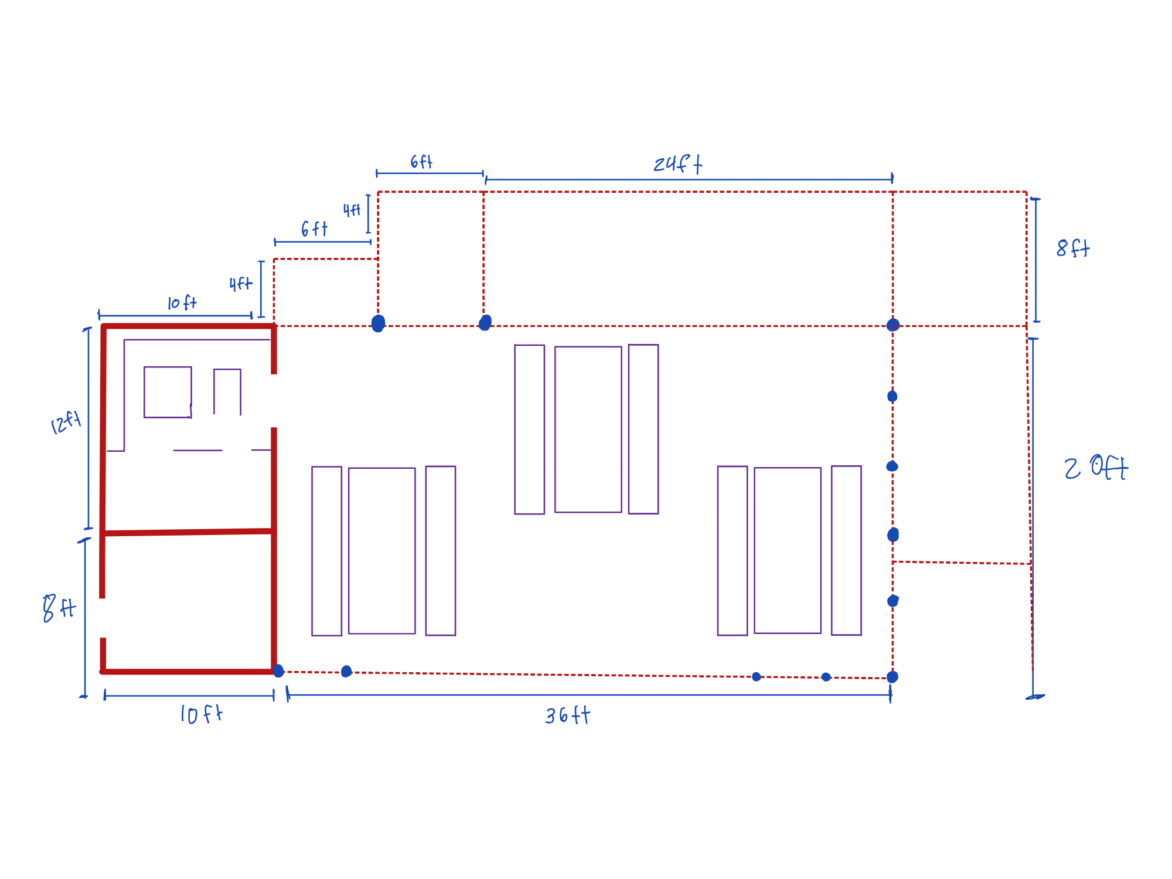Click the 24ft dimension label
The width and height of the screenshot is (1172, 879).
coord(678,164)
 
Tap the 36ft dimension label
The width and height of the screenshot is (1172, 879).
coord(568,716)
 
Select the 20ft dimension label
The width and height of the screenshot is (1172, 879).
coord(1096,468)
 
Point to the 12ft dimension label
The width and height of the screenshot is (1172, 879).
coord(66,423)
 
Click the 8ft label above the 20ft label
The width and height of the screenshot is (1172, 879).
coord(1073,248)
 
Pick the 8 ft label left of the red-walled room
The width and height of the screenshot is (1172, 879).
coord(59,608)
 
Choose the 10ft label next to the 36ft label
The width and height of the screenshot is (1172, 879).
coord(201,714)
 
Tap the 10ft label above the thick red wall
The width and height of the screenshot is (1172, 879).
coord(182,303)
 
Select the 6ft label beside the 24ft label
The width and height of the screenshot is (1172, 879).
coord(421,162)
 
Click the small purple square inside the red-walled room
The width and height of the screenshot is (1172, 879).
coord(168,392)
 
